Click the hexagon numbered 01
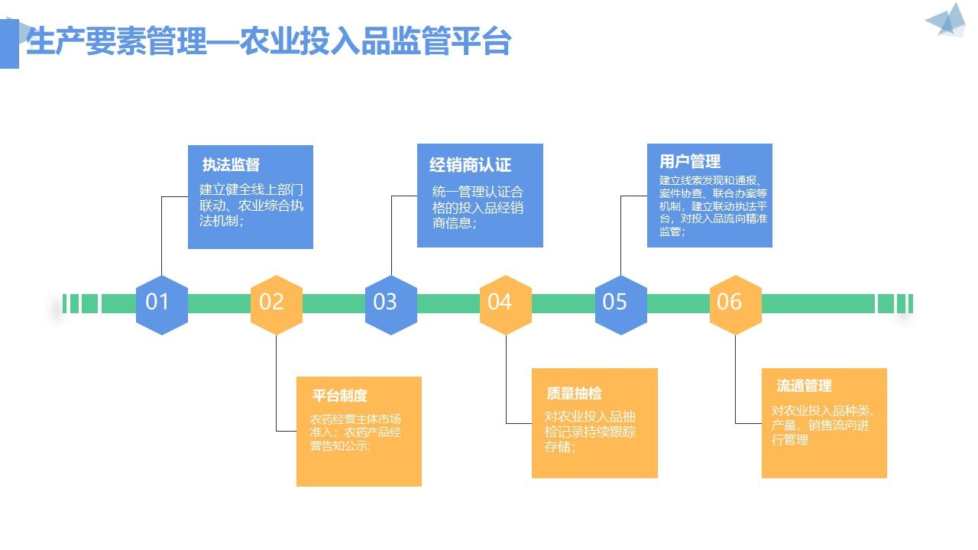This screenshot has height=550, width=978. click(162, 305)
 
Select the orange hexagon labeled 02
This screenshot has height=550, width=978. click(277, 305)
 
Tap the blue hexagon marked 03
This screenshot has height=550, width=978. click(391, 305)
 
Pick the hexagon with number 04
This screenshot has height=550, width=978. click(506, 305)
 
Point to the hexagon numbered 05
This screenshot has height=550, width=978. click(621, 305)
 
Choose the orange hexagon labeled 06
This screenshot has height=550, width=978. click(736, 305)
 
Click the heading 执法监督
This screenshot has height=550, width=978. click(231, 164)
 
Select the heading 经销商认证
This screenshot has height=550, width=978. click(470, 165)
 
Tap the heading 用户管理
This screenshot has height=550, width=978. click(690, 161)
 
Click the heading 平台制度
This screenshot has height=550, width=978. click(340, 396)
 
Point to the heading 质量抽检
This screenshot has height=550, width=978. click(574, 393)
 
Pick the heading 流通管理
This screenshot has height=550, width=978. click(805, 386)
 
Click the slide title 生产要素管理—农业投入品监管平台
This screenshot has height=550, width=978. click(268, 41)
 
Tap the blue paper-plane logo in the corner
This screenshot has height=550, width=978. click(947, 20)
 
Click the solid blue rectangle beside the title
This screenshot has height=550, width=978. click(9, 44)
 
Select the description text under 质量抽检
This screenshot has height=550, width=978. click(590, 432)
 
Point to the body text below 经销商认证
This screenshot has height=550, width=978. click(478, 207)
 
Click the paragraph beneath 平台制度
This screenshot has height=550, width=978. click(355, 432)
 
